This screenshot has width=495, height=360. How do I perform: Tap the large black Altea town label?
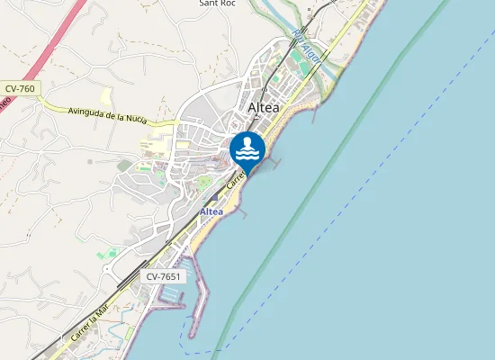[263, 108]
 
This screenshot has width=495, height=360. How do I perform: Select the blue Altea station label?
[211, 211]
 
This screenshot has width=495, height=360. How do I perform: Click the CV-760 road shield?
[20, 88]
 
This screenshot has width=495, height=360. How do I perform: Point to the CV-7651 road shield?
[164, 276]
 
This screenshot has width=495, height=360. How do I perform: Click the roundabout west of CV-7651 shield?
[107, 267]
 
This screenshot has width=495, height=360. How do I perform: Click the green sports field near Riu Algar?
[297, 58]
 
